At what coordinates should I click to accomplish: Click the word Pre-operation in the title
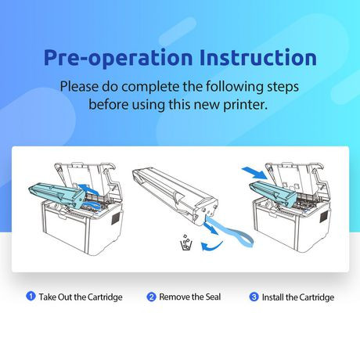(118, 58)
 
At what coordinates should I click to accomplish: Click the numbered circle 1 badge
(31, 297)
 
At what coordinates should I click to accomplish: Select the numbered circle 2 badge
(151, 297)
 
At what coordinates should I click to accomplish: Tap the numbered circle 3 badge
(254, 297)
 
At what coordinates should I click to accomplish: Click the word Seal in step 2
(213, 297)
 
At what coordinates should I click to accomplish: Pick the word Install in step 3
(272, 297)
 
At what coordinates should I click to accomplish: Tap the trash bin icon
(186, 243)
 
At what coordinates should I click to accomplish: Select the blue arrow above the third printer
(254, 173)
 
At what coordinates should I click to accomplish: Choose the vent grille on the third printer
(324, 216)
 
